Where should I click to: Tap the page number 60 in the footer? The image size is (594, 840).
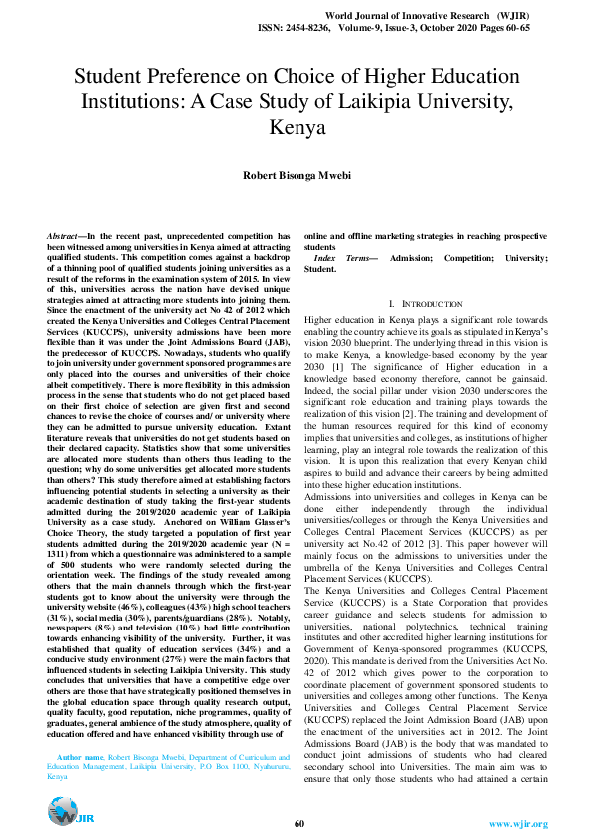tap(298, 823)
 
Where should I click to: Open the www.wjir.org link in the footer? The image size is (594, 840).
tap(517, 823)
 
